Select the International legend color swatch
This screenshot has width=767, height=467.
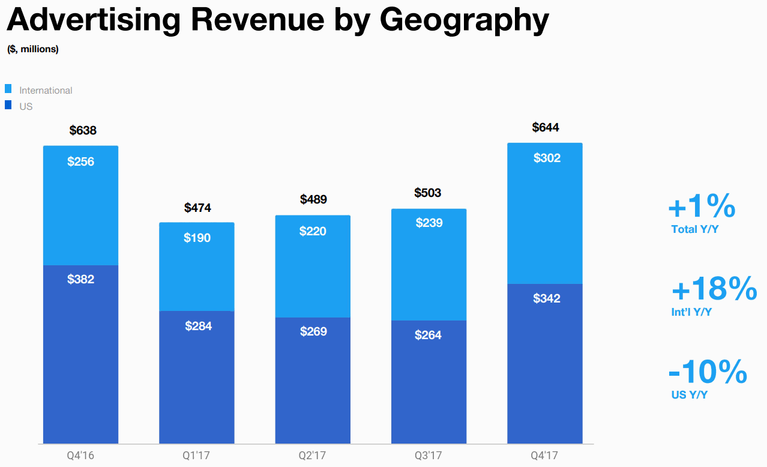pos(8,89)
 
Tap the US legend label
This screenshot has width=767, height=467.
pos(26,106)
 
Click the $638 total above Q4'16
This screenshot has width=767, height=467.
pos(83,130)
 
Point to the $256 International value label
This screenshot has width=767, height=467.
pos(81,161)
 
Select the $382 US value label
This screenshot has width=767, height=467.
pos(81,279)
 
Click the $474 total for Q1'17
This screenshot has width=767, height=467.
pos(197,208)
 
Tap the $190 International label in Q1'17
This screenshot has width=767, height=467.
pos(197,238)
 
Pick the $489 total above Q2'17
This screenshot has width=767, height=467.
pos(313,199)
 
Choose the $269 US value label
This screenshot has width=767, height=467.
pos(313,331)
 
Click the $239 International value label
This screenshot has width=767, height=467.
pos(429,223)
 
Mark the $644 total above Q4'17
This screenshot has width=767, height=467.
pos(546,127)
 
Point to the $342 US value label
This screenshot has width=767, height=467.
pos(547,298)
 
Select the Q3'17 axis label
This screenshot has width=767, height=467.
pos(429,455)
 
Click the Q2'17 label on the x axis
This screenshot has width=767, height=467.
pos(313,455)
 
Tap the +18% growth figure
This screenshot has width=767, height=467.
pos(714,290)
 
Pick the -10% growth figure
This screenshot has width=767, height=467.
pos(708,372)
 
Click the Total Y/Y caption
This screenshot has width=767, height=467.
pos(694,229)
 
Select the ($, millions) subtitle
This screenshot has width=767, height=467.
pos(33,49)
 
